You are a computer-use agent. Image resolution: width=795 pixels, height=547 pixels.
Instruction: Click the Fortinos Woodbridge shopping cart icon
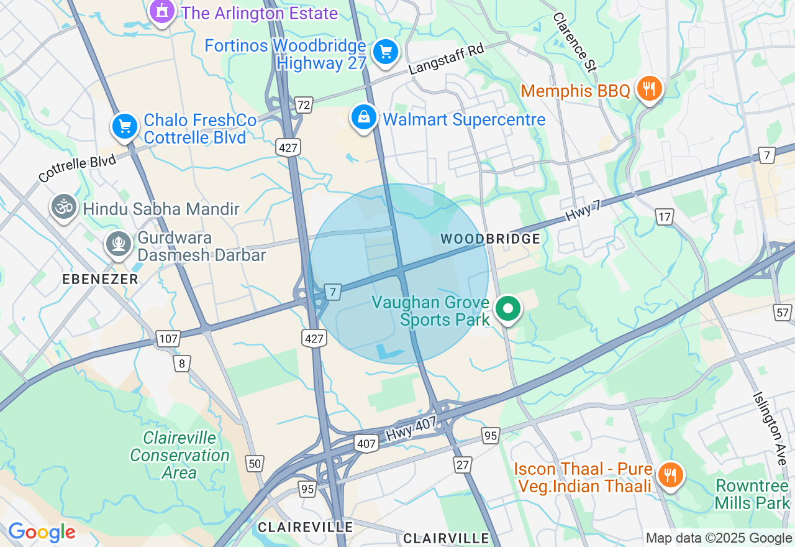pyautogui.click(x=385, y=52)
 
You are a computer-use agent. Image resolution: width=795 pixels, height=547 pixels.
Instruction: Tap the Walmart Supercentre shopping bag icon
pyautogui.click(x=364, y=116)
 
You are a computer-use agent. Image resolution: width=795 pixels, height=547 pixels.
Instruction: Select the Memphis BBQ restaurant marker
pyautogui.click(x=649, y=88)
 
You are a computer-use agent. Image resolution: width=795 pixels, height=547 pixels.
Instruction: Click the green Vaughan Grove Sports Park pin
pyautogui.click(x=508, y=308)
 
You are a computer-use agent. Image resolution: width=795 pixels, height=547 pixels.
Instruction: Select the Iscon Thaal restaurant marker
pyautogui.click(x=670, y=475)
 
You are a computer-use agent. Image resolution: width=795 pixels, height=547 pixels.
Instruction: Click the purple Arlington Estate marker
pyautogui.click(x=162, y=11)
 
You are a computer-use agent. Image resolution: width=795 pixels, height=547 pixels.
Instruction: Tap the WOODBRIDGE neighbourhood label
pyautogui.click(x=490, y=239)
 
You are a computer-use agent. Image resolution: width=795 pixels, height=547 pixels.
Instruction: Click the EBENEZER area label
pyautogui.click(x=100, y=280)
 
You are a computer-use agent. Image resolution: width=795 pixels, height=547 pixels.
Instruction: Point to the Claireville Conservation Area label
pyautogui.click(x=179, y=455)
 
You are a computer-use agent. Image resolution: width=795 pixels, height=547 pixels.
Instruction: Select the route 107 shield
pyautogui.click(x=168, y=339)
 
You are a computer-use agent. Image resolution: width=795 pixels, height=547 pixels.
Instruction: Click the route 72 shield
pyautogui.click(x=303, y=105)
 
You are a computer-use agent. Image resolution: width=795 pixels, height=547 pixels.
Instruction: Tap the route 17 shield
pyautogui.click(x=665, y=217)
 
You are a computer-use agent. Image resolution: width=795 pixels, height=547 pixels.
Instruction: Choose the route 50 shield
pyautogui.click(x=255, y=463)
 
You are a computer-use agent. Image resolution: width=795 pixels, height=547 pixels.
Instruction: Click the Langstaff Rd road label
pyautogui.click(x=447, y=60)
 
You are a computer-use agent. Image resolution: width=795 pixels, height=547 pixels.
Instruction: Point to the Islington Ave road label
pyautogui.click(x=770, y=425)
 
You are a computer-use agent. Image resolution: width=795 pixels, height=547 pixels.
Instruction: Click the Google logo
pyautogui.click(x=41, y=532)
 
